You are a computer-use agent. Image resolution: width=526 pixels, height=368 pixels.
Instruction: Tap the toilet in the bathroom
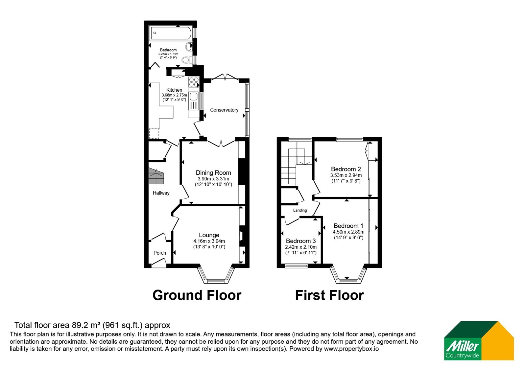pos(187,60)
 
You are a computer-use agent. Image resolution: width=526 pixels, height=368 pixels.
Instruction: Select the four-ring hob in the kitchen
pos(194,82)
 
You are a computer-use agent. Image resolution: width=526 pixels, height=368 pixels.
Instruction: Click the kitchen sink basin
pos(194,97)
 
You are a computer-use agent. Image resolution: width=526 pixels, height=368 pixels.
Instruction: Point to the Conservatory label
pos(224,110)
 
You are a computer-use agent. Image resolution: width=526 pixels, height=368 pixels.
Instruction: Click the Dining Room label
pos(213,173)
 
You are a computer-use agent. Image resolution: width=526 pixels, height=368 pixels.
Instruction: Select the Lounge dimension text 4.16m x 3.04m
pos(209,241)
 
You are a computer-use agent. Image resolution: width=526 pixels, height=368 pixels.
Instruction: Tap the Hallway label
pos(161,193)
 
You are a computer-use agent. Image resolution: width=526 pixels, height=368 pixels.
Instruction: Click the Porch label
pos(160,253)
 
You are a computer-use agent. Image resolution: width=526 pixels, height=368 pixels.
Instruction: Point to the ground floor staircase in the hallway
pos(156,176)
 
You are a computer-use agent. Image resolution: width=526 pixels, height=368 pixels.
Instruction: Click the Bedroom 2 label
pos(346,169)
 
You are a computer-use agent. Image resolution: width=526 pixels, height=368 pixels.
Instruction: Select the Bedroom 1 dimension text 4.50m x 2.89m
pos(348,232)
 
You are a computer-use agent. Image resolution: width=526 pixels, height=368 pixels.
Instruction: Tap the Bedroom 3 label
pos(301,241)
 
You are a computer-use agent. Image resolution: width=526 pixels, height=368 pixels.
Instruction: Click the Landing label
pos(300,210)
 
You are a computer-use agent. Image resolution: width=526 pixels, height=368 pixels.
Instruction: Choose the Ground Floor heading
pos(197,295)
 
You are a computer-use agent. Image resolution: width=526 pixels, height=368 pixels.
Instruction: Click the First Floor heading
pos(329,295)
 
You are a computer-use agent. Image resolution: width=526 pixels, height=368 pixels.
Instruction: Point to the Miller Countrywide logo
pos(479,340)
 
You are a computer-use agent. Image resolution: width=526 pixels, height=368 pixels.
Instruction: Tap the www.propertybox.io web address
pos(351,349)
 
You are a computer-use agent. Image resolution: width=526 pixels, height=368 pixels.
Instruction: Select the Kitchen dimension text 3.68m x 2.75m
pos(174,95)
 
